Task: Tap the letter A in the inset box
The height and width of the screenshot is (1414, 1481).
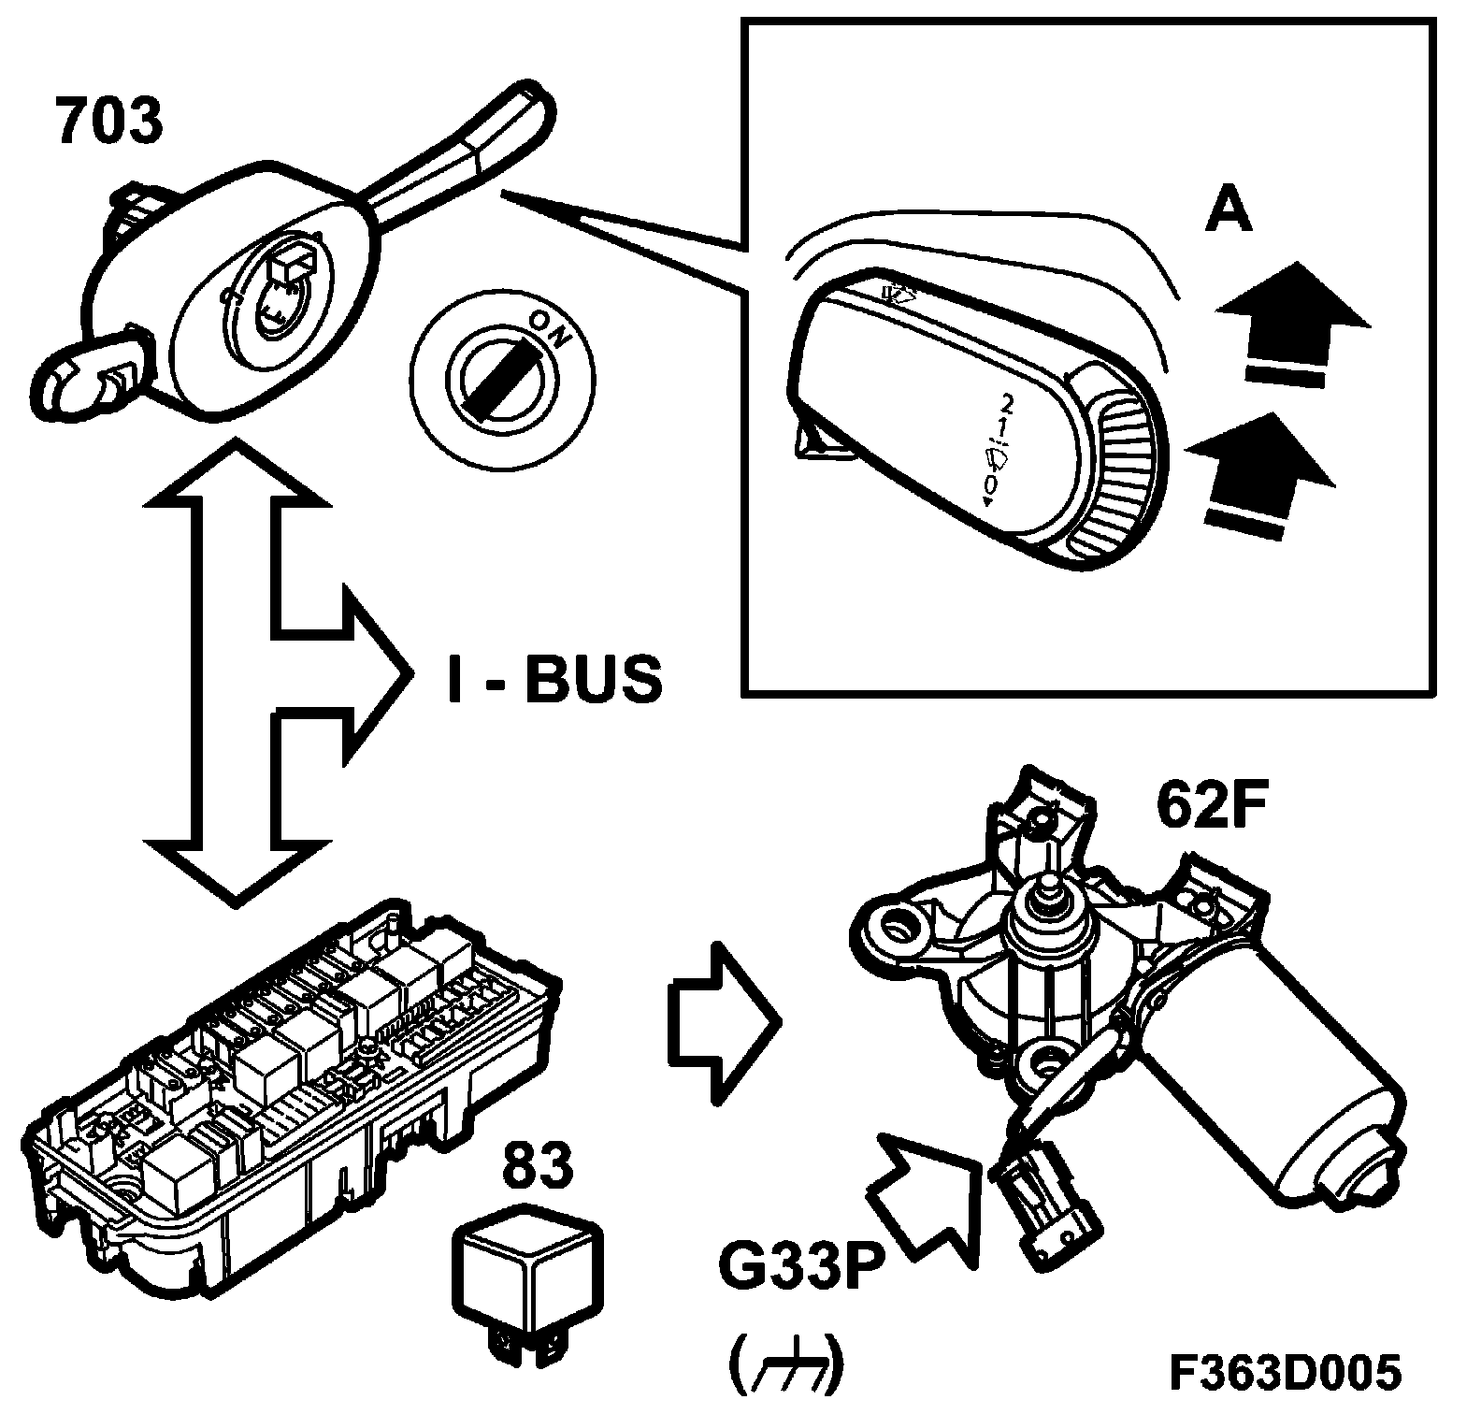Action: pyautogui.click(x=1228, y=209)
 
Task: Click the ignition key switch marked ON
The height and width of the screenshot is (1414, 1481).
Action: pyautogui.click(x=502, y=373)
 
